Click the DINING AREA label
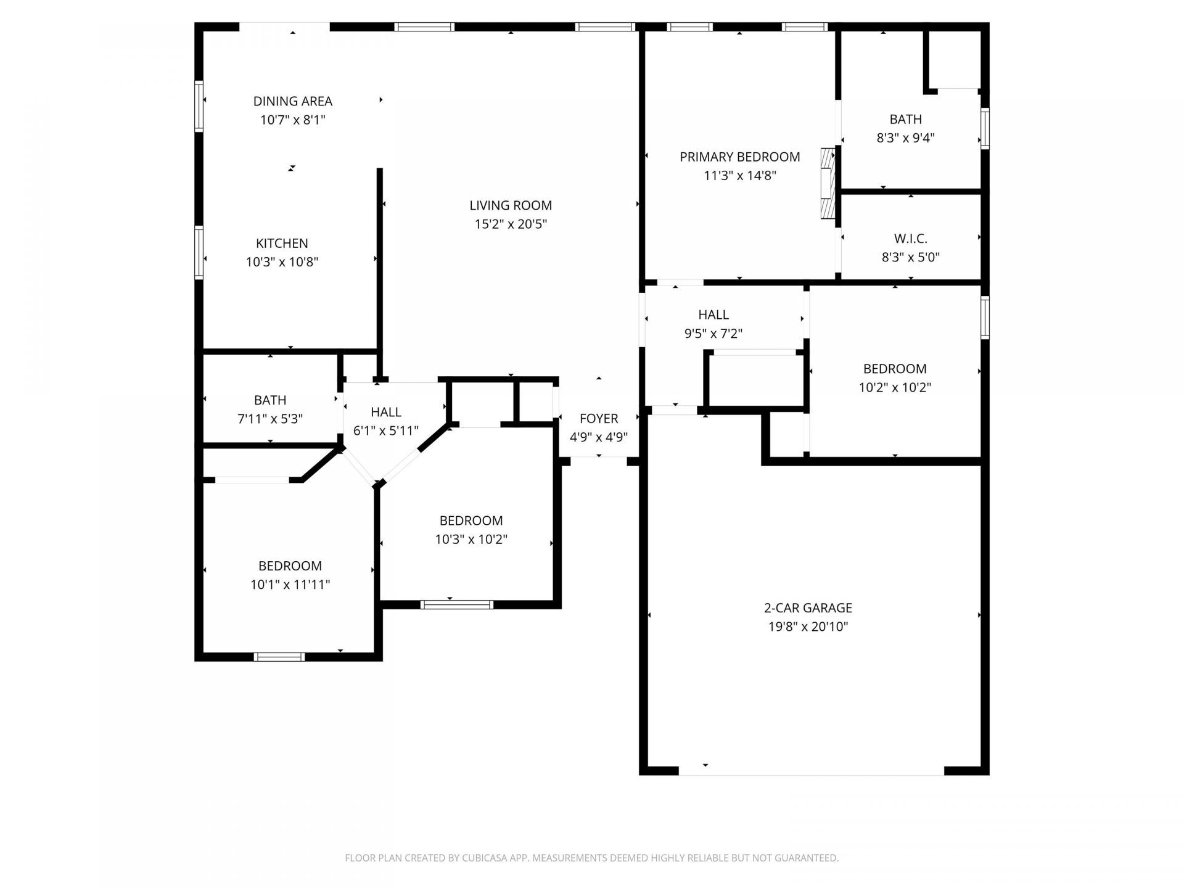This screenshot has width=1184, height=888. tap(292, 101)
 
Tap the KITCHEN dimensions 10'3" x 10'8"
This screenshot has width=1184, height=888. tap(282, 262)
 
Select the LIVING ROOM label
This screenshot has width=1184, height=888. tap(511, 205)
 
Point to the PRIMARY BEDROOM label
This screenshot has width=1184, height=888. tap(740, 157)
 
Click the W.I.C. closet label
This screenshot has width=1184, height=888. tap(910, 239)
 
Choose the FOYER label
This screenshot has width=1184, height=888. tap(599, 419)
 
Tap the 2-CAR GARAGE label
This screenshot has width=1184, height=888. tap(808, 608)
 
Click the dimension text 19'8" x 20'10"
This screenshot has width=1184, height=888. tap(808, 627)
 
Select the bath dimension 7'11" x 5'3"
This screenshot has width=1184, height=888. tap(270, 419)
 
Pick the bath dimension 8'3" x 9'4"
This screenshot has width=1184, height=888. tap(905, 138)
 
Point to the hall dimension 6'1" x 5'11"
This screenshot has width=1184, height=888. tap(386, 431)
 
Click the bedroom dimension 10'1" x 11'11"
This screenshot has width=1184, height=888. tap(290, 585)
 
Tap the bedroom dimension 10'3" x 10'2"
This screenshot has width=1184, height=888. tap(471, 540)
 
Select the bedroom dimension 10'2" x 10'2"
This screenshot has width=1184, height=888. tap(895, 388)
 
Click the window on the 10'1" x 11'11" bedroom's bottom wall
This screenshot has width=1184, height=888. tap(279, 657)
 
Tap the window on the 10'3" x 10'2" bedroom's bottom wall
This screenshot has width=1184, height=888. tap(457, 604)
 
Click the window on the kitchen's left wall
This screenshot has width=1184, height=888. tap(199, 253)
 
